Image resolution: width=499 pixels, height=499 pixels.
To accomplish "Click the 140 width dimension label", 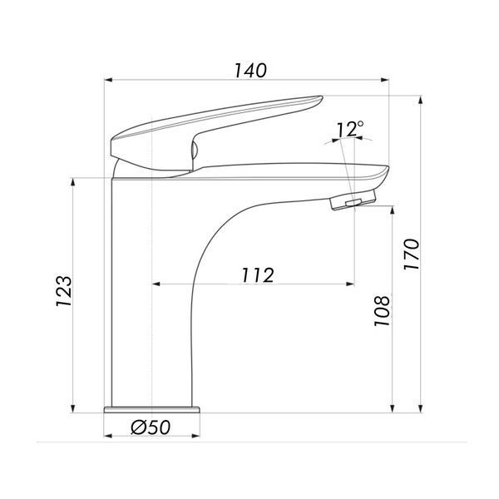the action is tap(250, 71).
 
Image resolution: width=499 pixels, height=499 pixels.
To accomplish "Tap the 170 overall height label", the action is tap(412, 254).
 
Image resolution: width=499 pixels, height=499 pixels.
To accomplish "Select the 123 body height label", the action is tap(64, 290).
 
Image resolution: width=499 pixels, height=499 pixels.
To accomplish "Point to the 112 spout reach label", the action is tap(258, 275).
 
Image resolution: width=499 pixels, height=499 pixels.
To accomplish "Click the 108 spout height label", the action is tap(382, 311).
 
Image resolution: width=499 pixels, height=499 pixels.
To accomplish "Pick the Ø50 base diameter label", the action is tap(151, 427).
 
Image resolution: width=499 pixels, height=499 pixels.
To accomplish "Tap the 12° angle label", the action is tap(350, 129).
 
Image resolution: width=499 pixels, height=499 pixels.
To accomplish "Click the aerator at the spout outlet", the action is tap(353, 200).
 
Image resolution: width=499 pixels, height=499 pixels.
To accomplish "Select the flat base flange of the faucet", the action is tap(152, 409).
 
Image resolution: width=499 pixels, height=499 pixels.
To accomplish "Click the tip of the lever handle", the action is tap(322, 96).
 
